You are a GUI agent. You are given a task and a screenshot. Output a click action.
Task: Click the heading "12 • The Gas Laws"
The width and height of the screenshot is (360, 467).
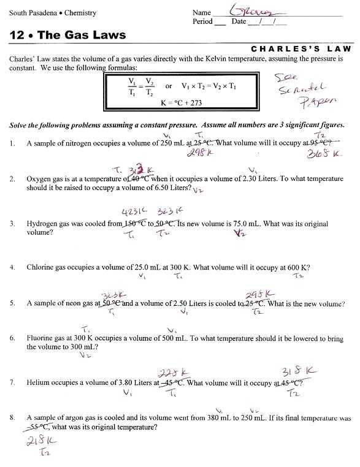[67, 36]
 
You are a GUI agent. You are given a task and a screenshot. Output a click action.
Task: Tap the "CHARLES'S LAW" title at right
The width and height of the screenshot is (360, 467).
[302, 48]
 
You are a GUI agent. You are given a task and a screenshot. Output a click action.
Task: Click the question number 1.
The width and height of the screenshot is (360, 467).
[12, 143]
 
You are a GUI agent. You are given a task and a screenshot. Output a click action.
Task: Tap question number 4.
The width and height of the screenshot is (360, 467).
[12, 268]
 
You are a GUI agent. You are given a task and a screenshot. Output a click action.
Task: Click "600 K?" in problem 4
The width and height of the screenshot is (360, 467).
[296, 268]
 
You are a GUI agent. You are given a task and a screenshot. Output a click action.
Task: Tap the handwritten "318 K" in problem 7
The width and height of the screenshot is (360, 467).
[299, 371]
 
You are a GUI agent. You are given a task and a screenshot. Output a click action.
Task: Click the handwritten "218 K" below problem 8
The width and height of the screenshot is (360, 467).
[40, 442]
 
